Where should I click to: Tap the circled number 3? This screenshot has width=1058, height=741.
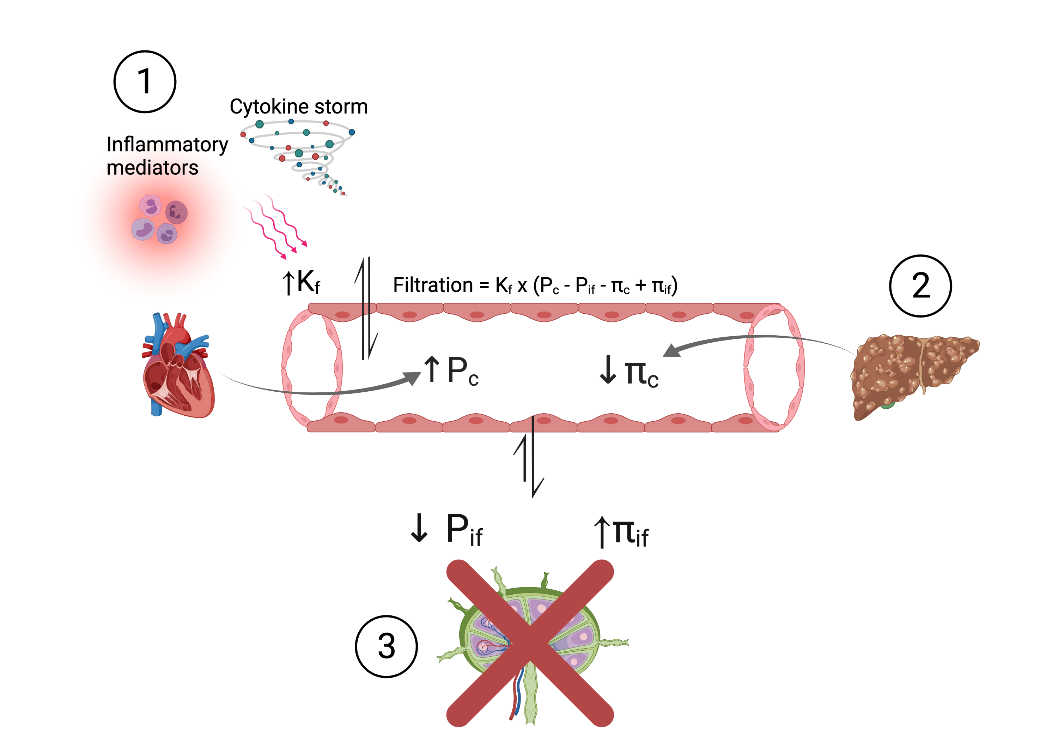click(x=386, y=646)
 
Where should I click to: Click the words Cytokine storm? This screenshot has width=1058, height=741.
click(x=299, y=107)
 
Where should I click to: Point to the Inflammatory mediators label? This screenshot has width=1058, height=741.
click(x=167, y=156)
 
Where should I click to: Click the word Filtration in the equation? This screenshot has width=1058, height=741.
click(x=433, y=285)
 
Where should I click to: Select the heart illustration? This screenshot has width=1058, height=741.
click(x=178, y=364)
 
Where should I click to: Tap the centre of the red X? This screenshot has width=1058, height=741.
click(x=530, y=643)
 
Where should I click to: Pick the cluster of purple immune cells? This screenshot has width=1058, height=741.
click(x=159, y=218)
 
